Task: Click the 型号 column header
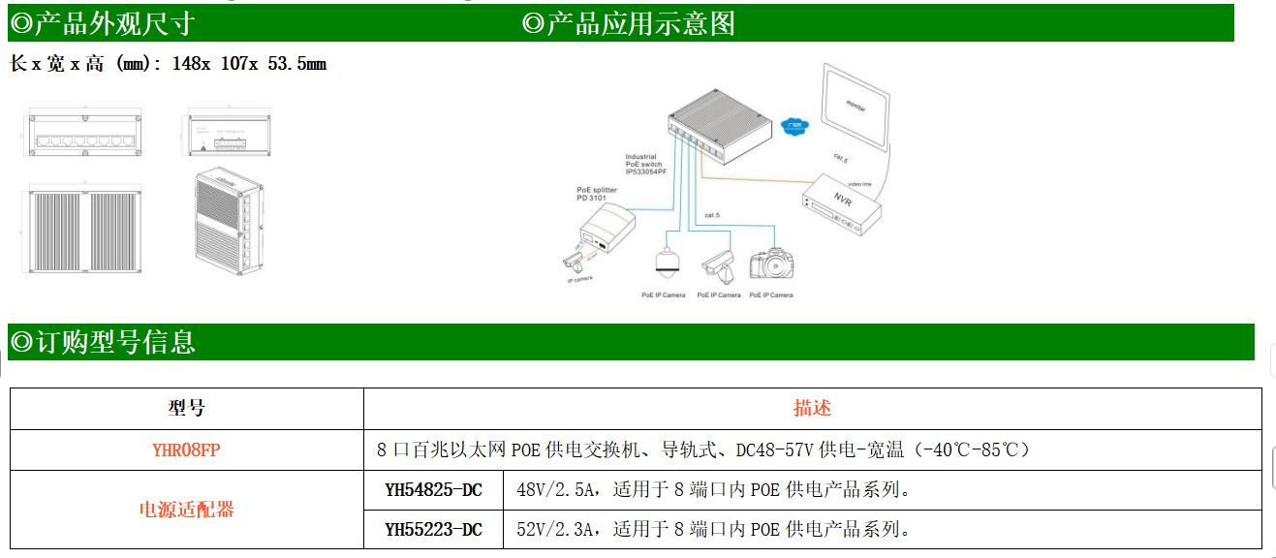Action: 186,409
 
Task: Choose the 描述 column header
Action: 812,409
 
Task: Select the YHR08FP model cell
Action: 187,449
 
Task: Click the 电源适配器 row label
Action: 187,510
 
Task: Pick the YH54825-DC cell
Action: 433,490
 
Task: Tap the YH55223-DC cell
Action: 433,529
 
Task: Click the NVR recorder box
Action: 842,203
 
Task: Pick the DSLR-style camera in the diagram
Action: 771,264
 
